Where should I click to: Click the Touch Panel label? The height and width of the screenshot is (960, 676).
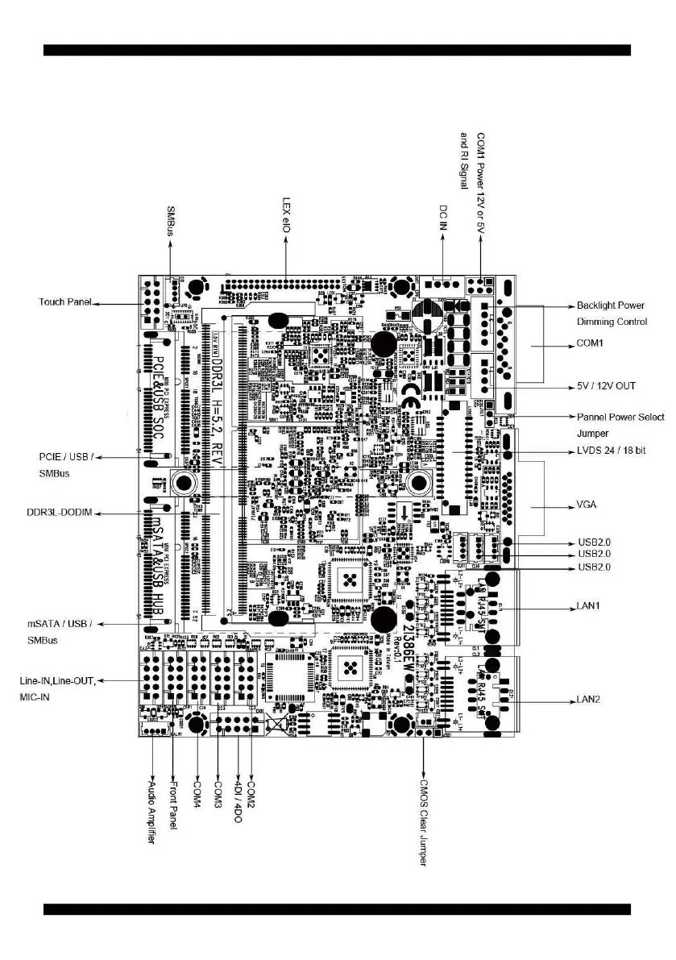[x=64, y=302]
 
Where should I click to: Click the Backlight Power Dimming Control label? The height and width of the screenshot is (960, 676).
[x=612, y=314]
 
